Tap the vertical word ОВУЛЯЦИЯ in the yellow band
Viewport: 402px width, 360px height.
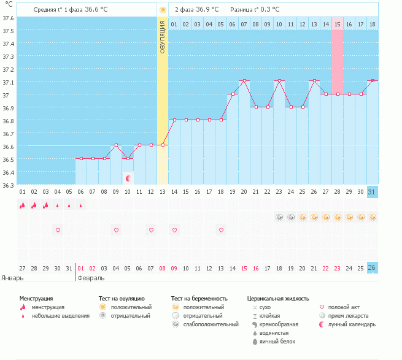pyautogui.click(x=163, y=37)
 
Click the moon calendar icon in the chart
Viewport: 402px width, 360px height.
pyautogui.click(x=128, y=178)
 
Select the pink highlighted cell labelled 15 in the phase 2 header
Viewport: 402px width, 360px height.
pyautogui.click(x=338, y=24)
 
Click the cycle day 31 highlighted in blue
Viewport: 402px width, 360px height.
pyautogui.click(x=371, y=192)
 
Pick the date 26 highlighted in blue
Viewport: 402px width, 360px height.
pyautogui.click(x=371, y=267)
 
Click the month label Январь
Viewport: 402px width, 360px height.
pyautogui.click(x=13, y=277)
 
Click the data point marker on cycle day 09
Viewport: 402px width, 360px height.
pyautogui.click(x=116, y=145)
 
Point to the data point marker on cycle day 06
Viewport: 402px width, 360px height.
pyautogui.click(x=81, y=158)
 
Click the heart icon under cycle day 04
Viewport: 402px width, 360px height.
pyautogui.click(x=58, y=230)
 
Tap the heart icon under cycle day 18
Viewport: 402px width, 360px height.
pyautogui.click(x=221, y=230)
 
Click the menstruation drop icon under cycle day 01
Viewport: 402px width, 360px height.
pyautogui.click(x=22, y=205)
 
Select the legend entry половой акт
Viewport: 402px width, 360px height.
pyautogui.click(x=344, y=307)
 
